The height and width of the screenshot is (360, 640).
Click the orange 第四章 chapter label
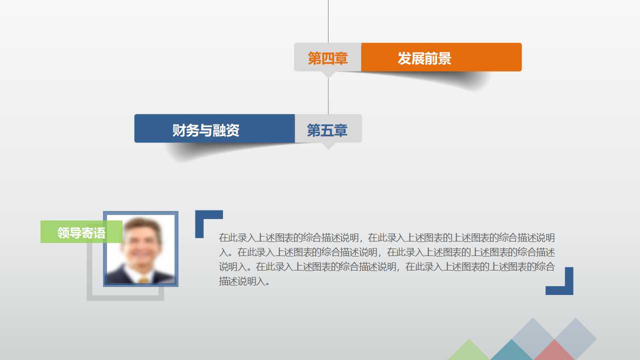pyautogui.click(x=327, y=58)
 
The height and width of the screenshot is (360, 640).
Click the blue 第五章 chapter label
pyautogui.click(x=327, y=130)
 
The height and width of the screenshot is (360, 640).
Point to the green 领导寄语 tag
pyautogui.click(x=81, y=232)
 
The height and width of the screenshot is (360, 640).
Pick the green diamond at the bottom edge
pyautogui.click(x=468, y=352)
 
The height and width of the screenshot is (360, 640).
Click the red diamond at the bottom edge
pyautogui.click(x=554, y=351)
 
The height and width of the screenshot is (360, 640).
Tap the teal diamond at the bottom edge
pyautogui.click(x=511, y=351)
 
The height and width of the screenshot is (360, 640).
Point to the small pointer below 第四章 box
pyautogui.click(x=328, y=74)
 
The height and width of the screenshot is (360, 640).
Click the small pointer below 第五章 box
pyautogui.click(x=328, y=145)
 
